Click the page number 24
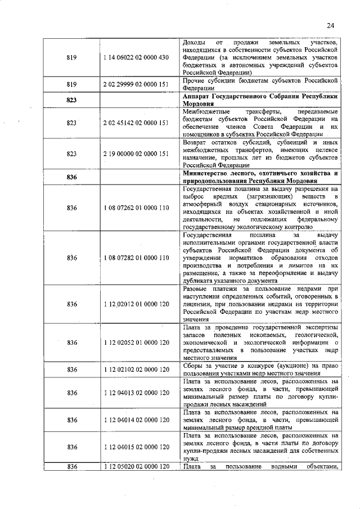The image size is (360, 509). (330, 25)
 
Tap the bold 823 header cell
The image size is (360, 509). (71, 100)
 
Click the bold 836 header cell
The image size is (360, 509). (71, 177)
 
